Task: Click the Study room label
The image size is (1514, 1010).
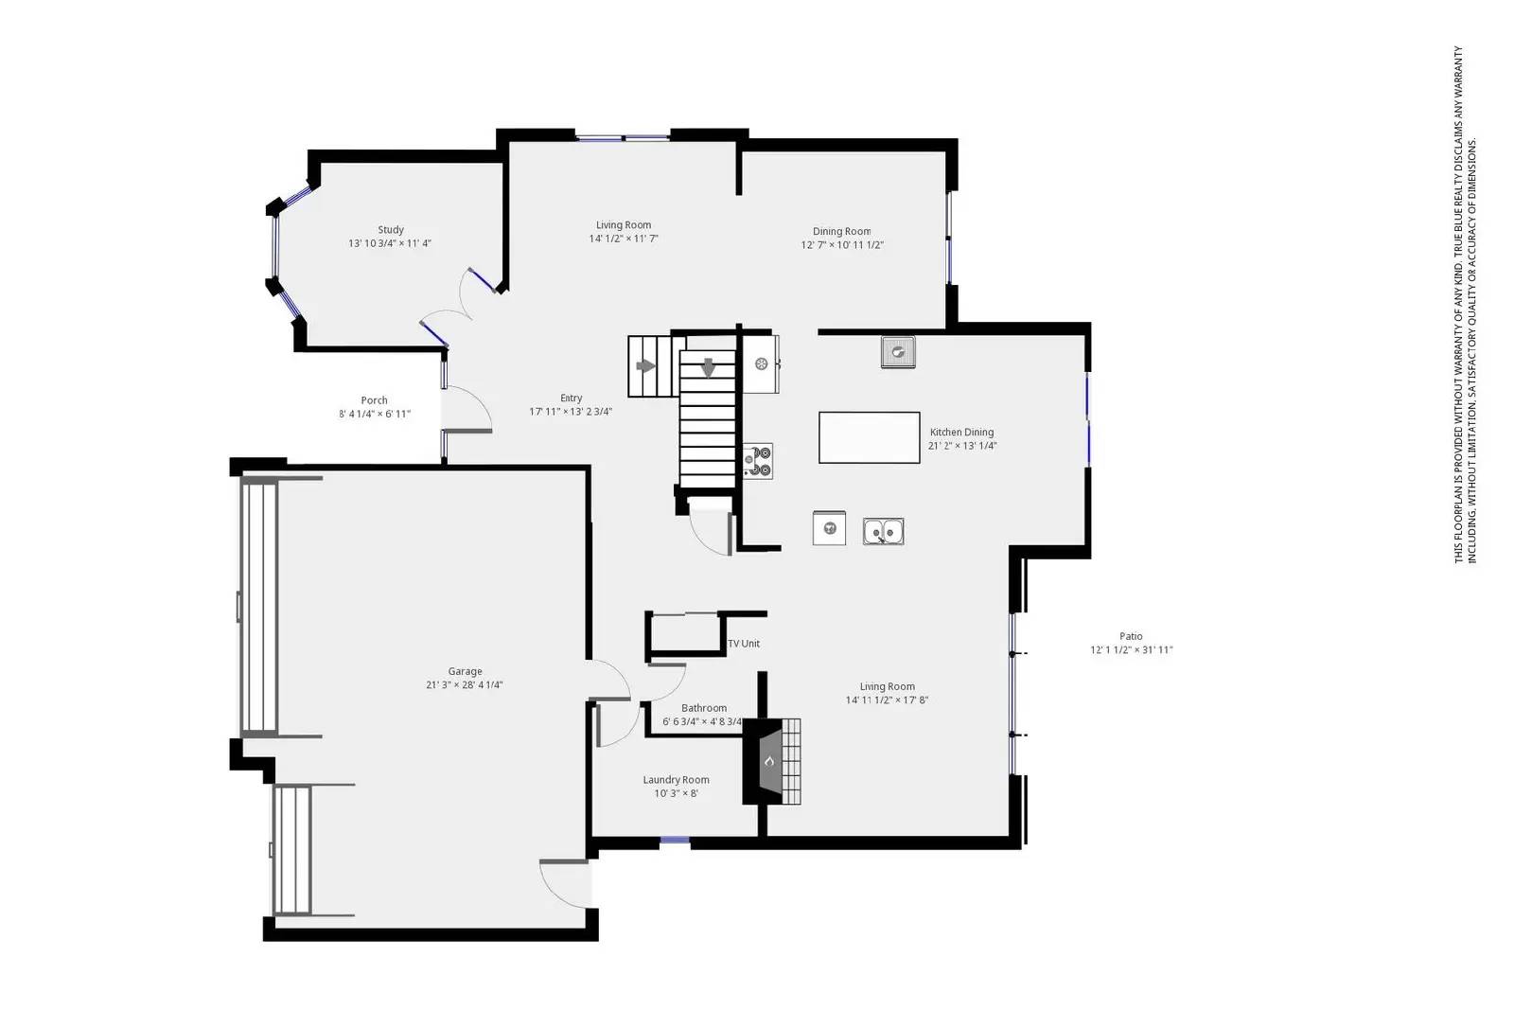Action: click(x=391, y=230)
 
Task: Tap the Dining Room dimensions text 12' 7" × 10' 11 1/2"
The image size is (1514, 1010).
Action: click(x=842, y=245)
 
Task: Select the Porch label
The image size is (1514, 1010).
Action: click(x=374, y=400)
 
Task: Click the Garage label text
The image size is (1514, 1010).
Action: click(x=465, y=672)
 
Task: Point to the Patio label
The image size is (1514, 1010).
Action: click(x=1131, y=637)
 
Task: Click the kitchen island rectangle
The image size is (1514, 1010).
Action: click(x=869, y=437)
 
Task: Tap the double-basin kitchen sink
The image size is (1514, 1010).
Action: click(x=883, y=531)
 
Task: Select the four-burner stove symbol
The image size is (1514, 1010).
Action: click(x=757, y=461)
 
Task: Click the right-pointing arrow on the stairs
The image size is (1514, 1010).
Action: click(x=646, y=366)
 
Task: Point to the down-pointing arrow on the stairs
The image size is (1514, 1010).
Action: click(x=708, y=366)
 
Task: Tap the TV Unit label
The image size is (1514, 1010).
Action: click(x=744, y=644)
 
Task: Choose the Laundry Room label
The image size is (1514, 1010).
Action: click(x=676, y=780)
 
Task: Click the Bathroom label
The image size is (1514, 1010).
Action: click(x=704, y=708)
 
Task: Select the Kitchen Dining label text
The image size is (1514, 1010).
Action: click(x=961, y=433)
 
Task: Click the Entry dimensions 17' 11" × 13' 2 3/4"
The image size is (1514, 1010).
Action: click(x=571, y=412)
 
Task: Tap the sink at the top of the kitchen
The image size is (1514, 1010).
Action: click(x=898, y=352)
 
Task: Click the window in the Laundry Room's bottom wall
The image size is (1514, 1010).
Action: click(x=675, y=841)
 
